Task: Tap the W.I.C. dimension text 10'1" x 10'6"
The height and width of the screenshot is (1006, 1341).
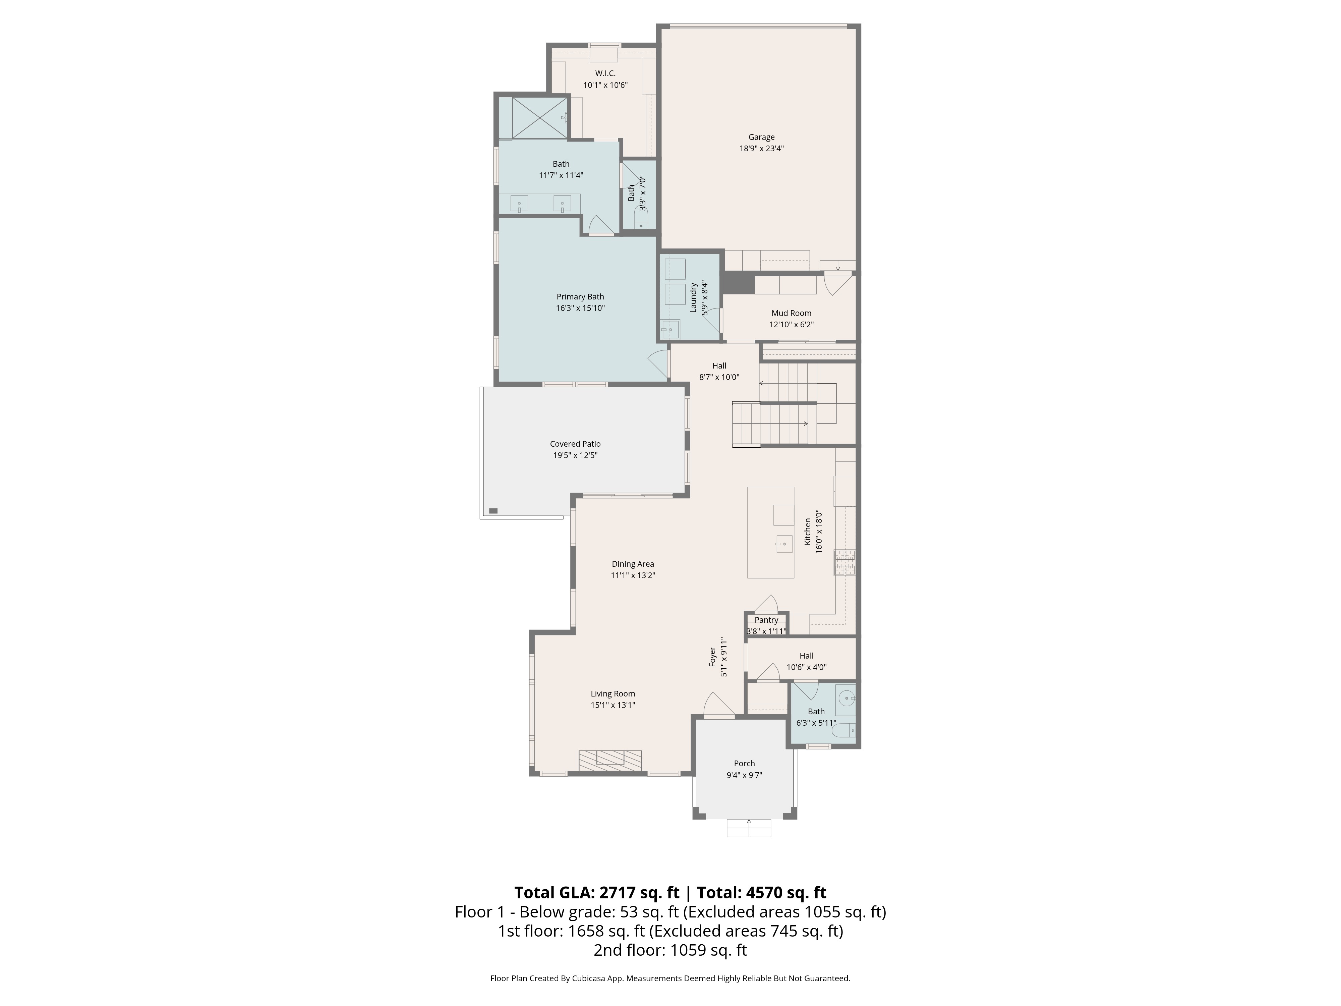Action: coord(605,85)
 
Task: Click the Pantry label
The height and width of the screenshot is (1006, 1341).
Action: coord(766,620)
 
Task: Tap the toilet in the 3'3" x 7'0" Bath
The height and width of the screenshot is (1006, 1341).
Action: coord(641,218)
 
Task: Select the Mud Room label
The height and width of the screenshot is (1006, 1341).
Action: coord(791,313)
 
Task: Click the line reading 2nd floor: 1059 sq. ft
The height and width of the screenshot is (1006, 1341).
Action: coord(670,950)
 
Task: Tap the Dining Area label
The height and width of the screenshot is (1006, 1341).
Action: coord(632,564)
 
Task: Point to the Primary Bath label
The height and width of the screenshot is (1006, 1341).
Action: coord(580,296)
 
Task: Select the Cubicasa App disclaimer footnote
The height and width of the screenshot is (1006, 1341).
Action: coord(670,978)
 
